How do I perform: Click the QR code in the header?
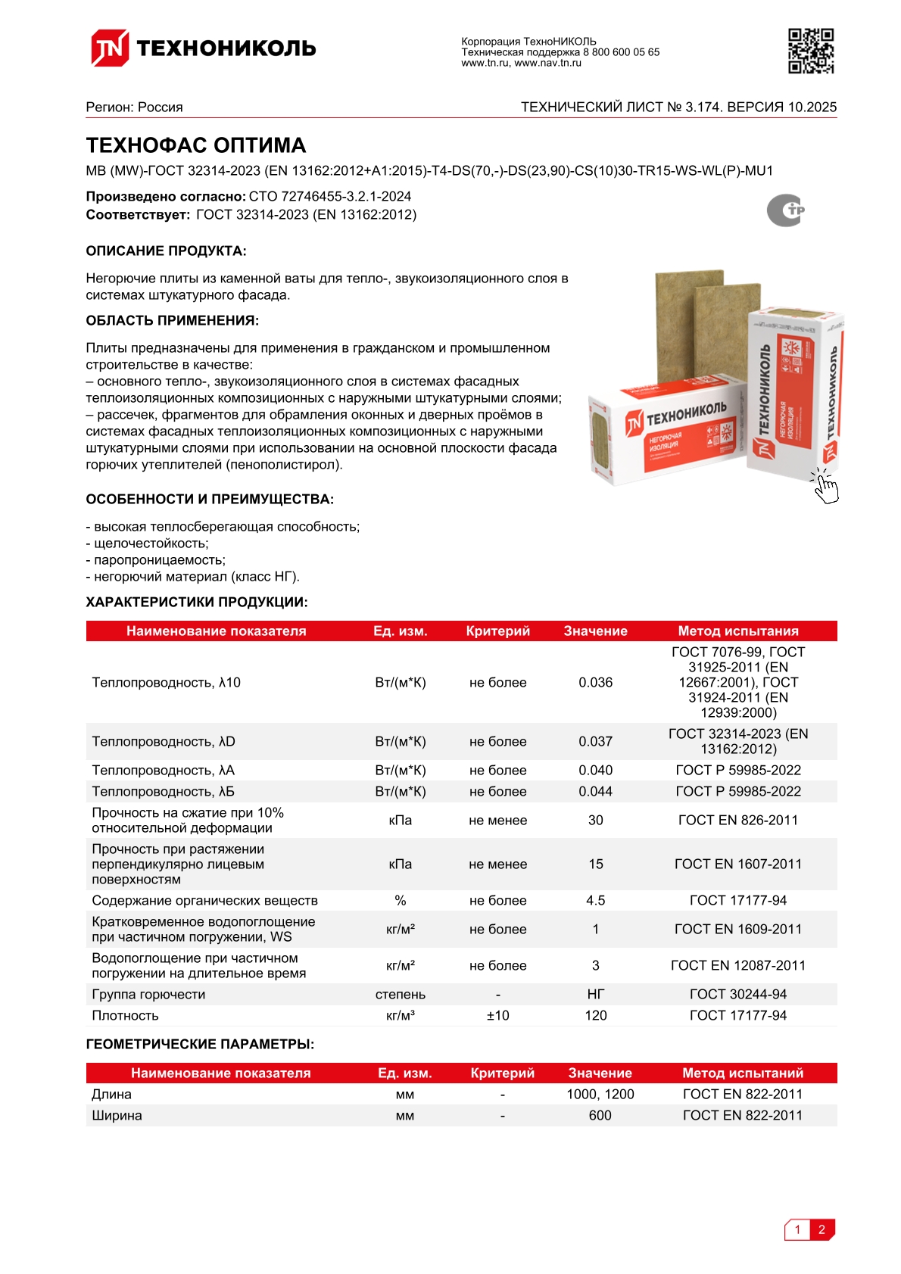pos(811,51)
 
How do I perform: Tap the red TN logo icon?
pos(110,48)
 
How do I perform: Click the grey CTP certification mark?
pos(785,210)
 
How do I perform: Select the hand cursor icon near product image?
pos(825,486)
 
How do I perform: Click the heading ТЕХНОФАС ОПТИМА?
pos(195,145)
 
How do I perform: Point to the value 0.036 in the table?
pos(595,682)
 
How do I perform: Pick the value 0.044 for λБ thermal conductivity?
pos(595,791)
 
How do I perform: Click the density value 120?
pos(595,1015)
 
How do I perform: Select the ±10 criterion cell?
pos(497,1015)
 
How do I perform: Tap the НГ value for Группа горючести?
pos(595,994)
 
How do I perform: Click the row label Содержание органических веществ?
pos(204,900)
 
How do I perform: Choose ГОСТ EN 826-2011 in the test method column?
pos(737,820)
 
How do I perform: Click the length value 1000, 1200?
pos(600,1094)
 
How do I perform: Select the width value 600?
pos(600,1115)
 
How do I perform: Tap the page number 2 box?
pos(821,1229)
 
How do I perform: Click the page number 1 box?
pos(797,1229)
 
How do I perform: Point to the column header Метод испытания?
pos(737,631)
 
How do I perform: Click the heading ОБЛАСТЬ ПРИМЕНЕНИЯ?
pos(172,320)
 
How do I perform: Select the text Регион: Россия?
pos(134,107)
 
